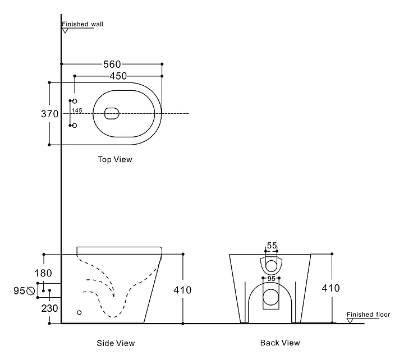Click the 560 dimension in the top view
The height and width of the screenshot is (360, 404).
[112, 64]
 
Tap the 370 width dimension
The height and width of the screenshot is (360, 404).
[49, 114]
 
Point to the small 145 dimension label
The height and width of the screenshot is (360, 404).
[77, 110]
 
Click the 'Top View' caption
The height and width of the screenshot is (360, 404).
[115, 159]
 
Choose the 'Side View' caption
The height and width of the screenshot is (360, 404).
[116, 343]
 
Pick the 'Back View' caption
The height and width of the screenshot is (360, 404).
[280, 343]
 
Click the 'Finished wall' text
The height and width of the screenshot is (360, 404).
[82, 24]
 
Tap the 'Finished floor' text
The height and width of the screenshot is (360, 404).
[368, 315]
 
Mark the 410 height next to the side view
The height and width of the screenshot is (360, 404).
[182, 290]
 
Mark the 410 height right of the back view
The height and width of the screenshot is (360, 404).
[330, 288]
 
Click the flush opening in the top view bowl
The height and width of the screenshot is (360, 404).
[112, 113]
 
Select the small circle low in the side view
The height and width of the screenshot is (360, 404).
[79, 312]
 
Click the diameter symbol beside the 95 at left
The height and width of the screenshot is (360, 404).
[30, 290]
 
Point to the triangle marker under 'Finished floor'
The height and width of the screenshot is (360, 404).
[350, 321]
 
